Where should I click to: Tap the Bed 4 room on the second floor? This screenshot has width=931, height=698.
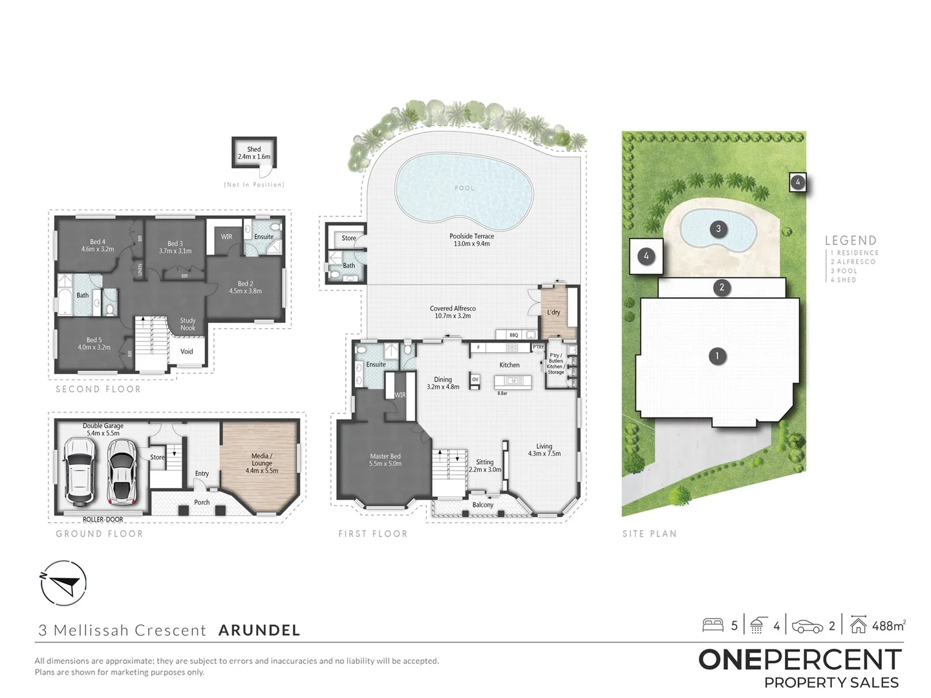98,246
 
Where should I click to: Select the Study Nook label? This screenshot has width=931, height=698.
187,324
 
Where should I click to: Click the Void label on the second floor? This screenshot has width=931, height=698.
187,352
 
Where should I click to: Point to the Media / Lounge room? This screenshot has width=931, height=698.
261,463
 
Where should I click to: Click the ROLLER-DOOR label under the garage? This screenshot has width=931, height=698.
103,520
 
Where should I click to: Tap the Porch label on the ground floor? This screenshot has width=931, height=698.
202,502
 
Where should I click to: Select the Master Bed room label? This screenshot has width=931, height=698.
385,460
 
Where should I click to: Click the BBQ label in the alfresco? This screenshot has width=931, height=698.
514,335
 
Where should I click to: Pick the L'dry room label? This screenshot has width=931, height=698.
553,312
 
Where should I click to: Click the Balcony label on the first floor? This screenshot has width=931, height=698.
483,505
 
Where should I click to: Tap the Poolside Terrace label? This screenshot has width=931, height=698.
471,240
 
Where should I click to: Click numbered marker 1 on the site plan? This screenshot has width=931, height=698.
716,355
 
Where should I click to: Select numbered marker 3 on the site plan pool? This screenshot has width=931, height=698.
718,228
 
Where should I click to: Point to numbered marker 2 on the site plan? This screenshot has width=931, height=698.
722,288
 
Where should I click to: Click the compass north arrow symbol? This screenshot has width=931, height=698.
63,583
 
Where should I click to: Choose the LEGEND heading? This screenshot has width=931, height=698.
850,240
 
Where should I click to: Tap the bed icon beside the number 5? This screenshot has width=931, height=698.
713,625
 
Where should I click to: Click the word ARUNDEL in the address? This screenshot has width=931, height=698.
259,630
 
